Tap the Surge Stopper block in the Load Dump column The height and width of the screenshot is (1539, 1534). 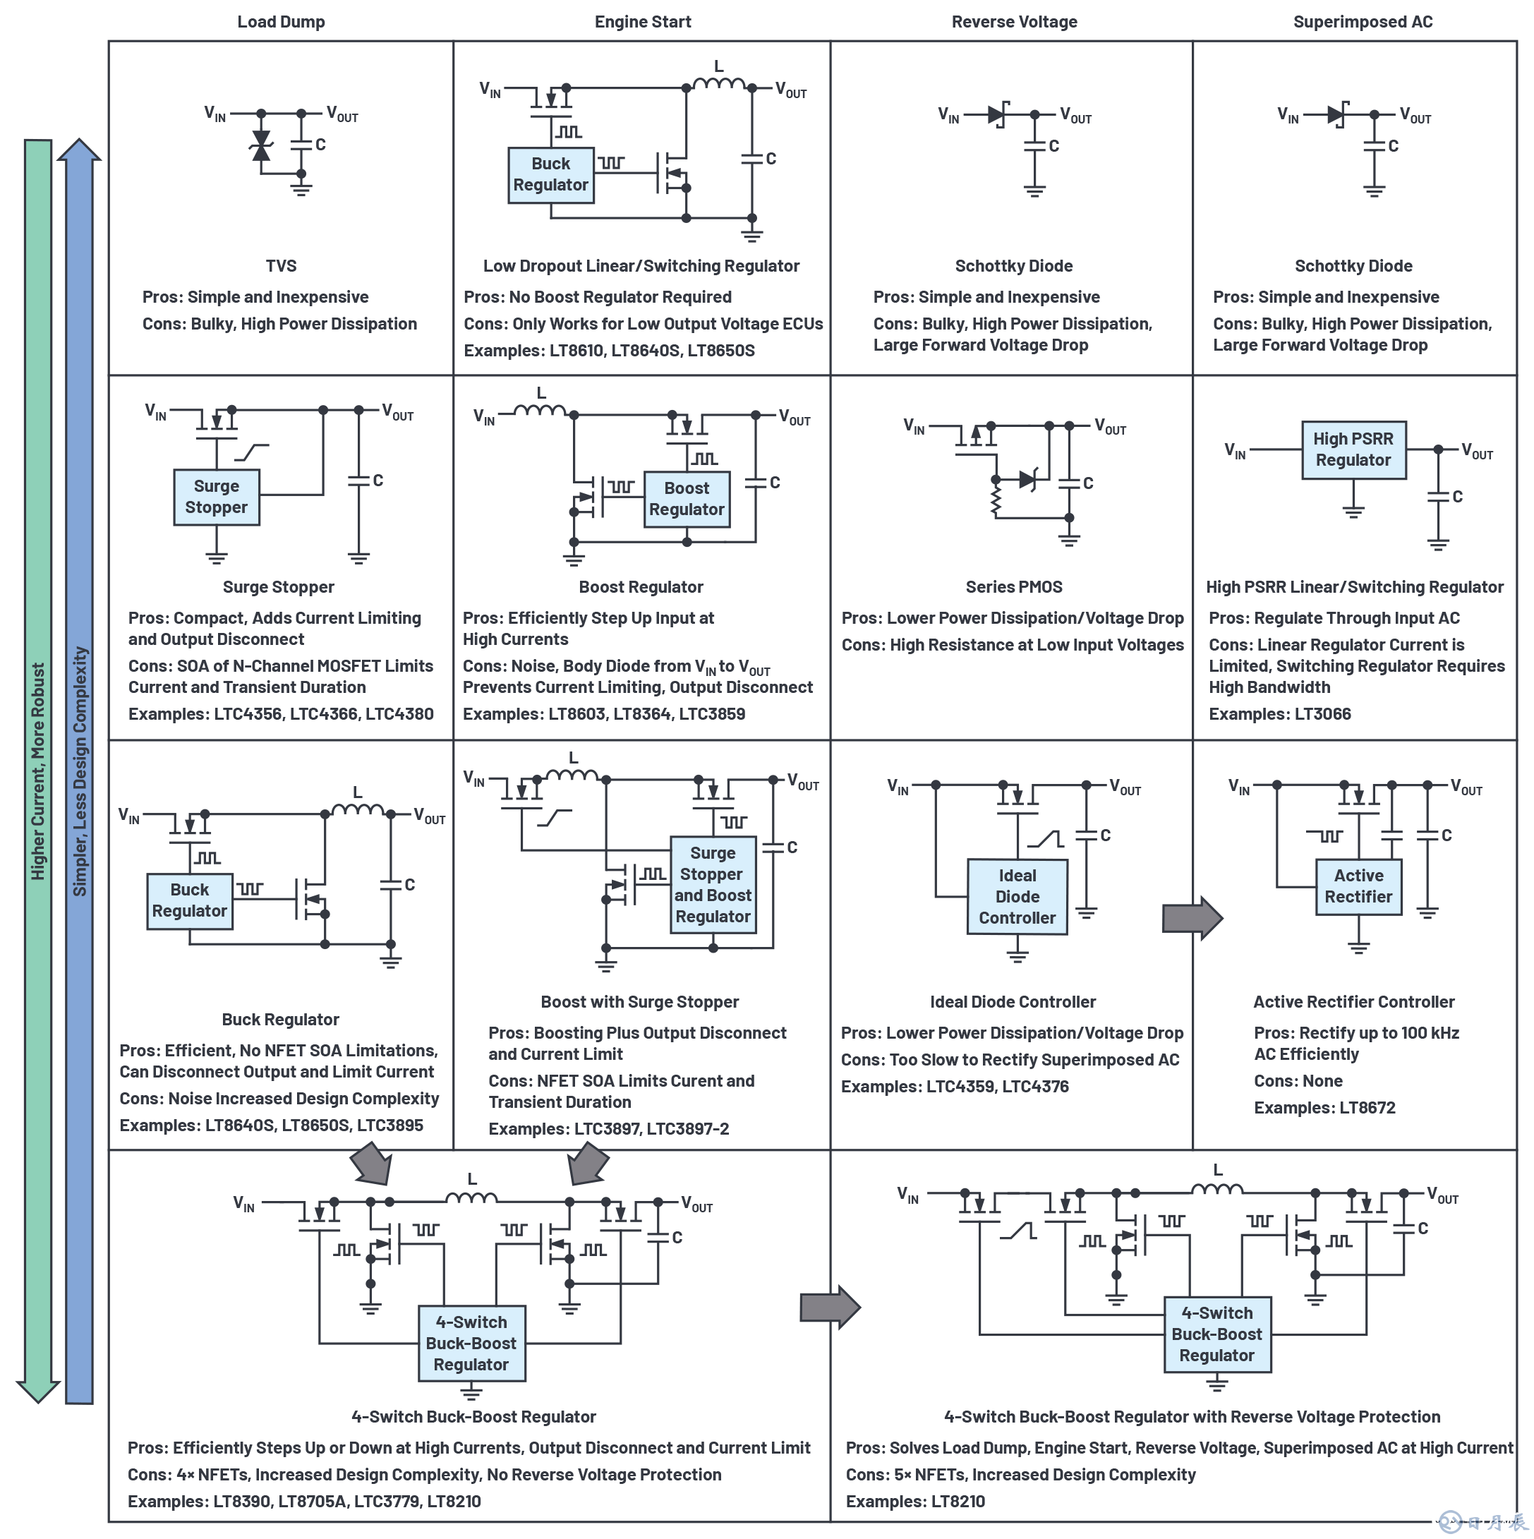[x=216, y=497]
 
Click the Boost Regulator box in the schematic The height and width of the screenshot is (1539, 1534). [x=686, y=500]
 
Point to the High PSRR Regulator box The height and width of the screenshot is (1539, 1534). [x=1353, y=450]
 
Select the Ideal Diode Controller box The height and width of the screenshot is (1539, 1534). [x=1016, y=896]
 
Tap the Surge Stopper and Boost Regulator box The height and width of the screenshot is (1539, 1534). [x=712, y=884]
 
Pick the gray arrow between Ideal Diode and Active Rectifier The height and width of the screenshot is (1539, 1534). [x=1192, y=917]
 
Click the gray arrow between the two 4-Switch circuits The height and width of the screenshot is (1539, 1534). [x=829, y=1307]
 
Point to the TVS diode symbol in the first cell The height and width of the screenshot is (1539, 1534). [x=260, y=146]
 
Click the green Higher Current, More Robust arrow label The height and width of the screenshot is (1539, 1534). [x=38, y=771]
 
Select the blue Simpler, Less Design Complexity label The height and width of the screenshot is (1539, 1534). [x=80, y=771]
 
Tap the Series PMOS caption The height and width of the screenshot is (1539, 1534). [x=1013, y=587]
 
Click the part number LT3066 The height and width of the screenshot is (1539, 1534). [x=1322, y=713]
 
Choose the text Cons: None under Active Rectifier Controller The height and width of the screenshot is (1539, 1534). [x=1298, y=1081]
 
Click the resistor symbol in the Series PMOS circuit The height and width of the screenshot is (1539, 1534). [x=995, y=501]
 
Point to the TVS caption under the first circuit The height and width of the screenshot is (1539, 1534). [x=280, y=266]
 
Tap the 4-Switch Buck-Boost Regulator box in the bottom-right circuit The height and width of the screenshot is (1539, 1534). [x=1216, y=1334]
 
